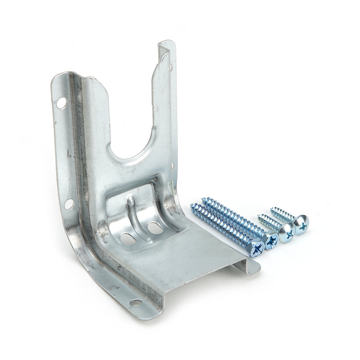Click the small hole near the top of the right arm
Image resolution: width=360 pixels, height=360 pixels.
coord(172,66)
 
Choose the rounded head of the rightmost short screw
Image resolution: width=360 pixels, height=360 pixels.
coord(301,224)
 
